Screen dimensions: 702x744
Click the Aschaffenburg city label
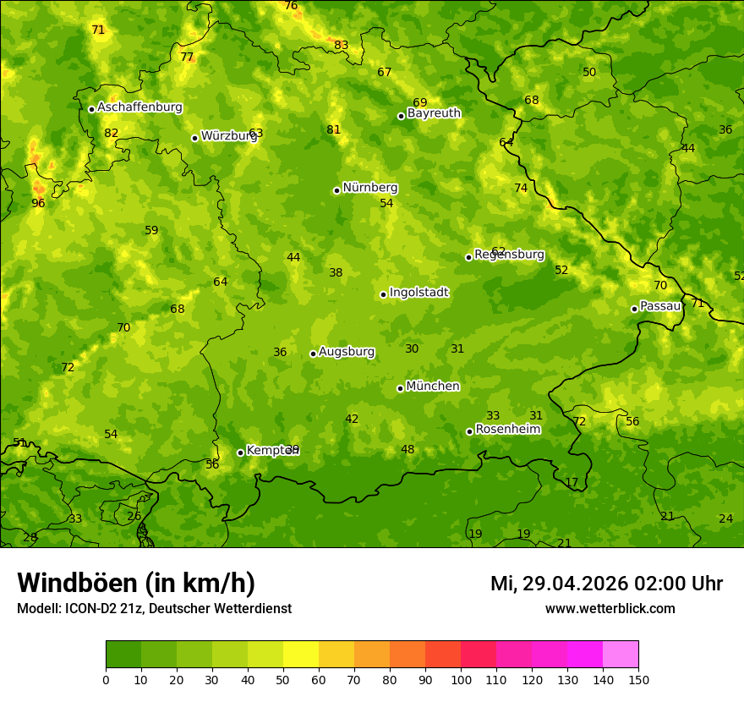coord(139,107)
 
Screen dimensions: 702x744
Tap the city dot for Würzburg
coord(194,138)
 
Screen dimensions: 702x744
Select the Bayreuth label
coord(434,113)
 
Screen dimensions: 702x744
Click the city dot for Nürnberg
coord(336,190)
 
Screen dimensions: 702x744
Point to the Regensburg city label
coord(509,255)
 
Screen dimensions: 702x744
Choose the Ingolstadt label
coord(418,293)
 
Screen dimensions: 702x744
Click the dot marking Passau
coord(634,309)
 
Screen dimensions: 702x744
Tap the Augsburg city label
coord(347,352)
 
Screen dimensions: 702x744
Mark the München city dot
coord(400,388)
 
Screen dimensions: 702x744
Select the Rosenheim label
coord(507,430)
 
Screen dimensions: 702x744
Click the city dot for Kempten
coord(240,452)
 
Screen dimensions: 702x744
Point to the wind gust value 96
coord(38,203)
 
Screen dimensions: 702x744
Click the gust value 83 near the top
coord(341,46)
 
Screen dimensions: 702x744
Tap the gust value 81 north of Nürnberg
coord(333,130)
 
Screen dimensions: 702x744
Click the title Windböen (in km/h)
coord(136,583)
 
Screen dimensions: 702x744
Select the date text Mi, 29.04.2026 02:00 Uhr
coord(606,584)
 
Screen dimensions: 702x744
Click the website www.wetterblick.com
coord(610,609)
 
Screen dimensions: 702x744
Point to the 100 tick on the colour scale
coord(461,680)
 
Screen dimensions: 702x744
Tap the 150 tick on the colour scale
coord(638,680)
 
